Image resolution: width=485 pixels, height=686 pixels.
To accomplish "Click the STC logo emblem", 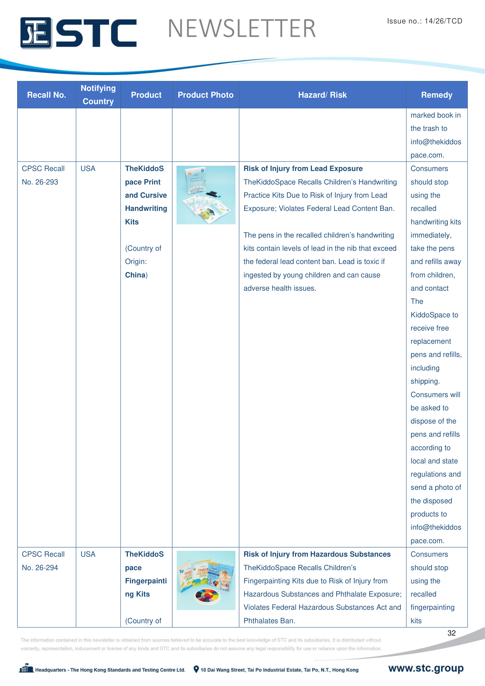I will (x=36, y=33).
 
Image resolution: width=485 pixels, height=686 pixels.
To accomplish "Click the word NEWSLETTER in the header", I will (x=242, y=29).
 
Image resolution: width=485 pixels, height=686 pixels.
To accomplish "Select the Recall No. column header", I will (x=47, y=95).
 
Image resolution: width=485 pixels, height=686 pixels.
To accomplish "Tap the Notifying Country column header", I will (x=98, y=95).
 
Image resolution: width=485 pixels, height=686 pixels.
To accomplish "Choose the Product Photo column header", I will (x=206, y=95).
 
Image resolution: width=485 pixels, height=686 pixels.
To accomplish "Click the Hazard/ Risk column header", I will (x=322, y=95).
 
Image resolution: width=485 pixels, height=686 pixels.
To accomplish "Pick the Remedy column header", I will (x=436, y=95).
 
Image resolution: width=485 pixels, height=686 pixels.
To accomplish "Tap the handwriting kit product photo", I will (x=206, y=195).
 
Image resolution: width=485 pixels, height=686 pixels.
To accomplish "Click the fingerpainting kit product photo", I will (x=206, y=580).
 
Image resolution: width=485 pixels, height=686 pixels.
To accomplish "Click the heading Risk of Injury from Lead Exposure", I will (x=303, y=169).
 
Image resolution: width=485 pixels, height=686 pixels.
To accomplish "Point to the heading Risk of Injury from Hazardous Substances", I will (x=317, y=554).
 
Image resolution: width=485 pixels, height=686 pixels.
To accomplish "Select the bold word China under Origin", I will (x=135, y=275).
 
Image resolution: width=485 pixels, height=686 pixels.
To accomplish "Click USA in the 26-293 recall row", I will (x=88, y=169).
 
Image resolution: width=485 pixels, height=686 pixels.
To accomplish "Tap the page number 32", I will (x=451, y=633).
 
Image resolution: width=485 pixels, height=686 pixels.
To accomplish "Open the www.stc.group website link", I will (x=425, y=668).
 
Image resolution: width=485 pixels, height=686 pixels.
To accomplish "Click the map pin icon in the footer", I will (x=196, y=669).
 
